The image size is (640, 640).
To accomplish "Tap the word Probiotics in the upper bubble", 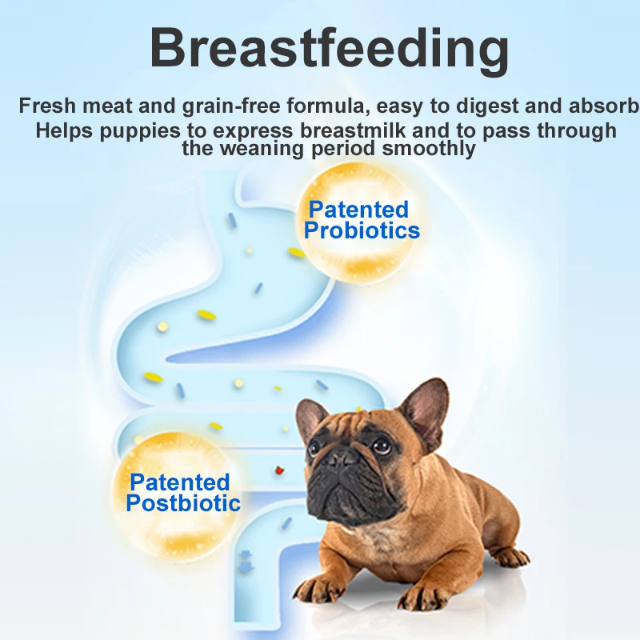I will point(362,230).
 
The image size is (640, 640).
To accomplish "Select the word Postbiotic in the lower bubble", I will point(183,503).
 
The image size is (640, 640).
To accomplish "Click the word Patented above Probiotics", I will point(358,210).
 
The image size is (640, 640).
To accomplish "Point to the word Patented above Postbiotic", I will point(179,482).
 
